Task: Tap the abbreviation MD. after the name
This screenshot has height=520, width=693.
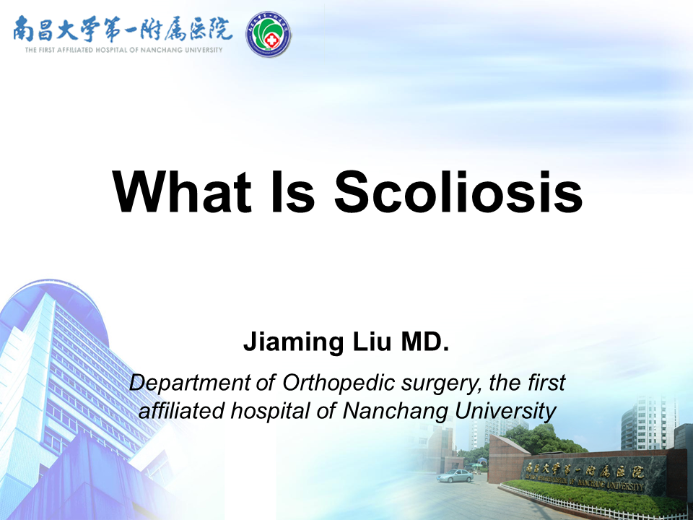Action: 424,342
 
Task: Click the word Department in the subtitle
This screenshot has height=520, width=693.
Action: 190,383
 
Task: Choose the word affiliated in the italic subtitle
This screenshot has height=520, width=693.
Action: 181,411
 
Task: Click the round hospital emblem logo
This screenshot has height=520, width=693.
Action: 269,35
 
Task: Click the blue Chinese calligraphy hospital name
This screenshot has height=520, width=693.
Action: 123,29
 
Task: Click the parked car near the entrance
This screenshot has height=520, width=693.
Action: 455,476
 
